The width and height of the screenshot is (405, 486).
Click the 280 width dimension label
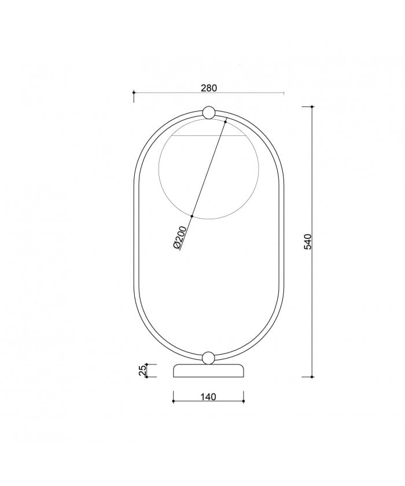point(209,88)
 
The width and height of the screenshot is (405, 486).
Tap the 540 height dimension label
point(307,242)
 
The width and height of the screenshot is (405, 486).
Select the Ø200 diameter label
point(180,238)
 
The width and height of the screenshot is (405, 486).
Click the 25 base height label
point(142,370)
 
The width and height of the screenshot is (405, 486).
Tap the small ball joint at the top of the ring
point(208,112)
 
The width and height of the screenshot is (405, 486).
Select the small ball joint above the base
point(208,358)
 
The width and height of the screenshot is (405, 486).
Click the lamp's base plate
point(208,370)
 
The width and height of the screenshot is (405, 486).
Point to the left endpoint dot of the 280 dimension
point(134,93)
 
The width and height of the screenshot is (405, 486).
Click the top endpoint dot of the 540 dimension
point(312,106)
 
